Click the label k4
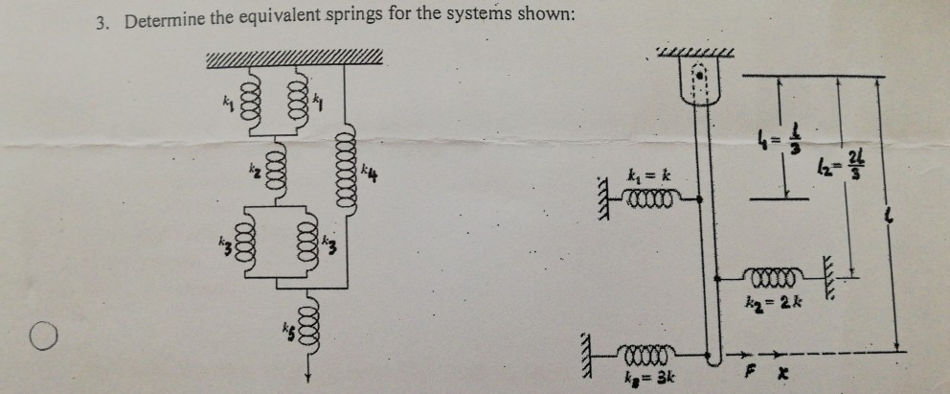pos(372,173)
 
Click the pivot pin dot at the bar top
pos(698,73)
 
